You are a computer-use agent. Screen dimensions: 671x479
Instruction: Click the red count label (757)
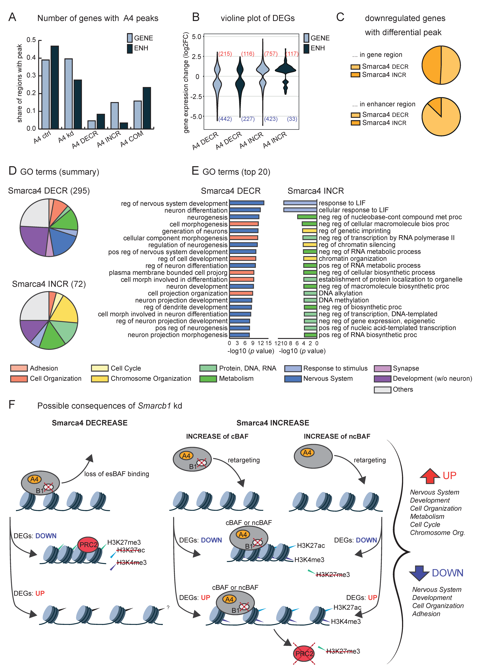(x=271, y=54)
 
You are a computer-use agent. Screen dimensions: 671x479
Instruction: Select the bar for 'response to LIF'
(x=300, y=203)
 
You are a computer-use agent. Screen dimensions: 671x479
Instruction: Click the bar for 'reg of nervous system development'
(x=247, y=203)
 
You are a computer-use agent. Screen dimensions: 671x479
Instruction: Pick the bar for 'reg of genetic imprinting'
(x=309, y=230)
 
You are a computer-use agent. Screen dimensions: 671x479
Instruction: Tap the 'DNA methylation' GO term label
(x=344, y=300)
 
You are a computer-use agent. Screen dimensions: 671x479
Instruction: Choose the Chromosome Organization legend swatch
(x=100, y=379)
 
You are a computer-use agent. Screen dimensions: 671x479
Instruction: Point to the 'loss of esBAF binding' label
(x=116, y=474)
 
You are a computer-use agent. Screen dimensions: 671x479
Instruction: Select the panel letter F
(x=12, y=404)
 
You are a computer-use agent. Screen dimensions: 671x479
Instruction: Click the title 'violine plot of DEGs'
(x=257, y=18)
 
